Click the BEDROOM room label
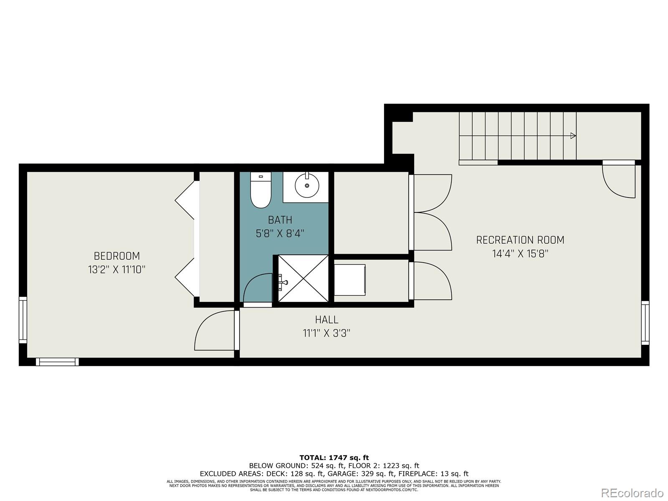(116, 256)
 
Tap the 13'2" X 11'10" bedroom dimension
(116, 270)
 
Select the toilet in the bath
(261, 191)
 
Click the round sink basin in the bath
(307, 185)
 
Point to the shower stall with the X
(303, 278)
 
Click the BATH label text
(280, 220)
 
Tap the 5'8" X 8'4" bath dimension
(280, 233)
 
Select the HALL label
(326, 320)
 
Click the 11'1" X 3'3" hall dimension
(326, 333)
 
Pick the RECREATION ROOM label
(520, 240)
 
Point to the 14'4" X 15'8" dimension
(520, 254)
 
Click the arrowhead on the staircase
(573, 136)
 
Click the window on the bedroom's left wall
(23, 320)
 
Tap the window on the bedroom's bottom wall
(57, 362)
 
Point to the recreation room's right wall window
(645, 323)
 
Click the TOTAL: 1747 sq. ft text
(334, 458)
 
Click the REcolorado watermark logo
(632, 493)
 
